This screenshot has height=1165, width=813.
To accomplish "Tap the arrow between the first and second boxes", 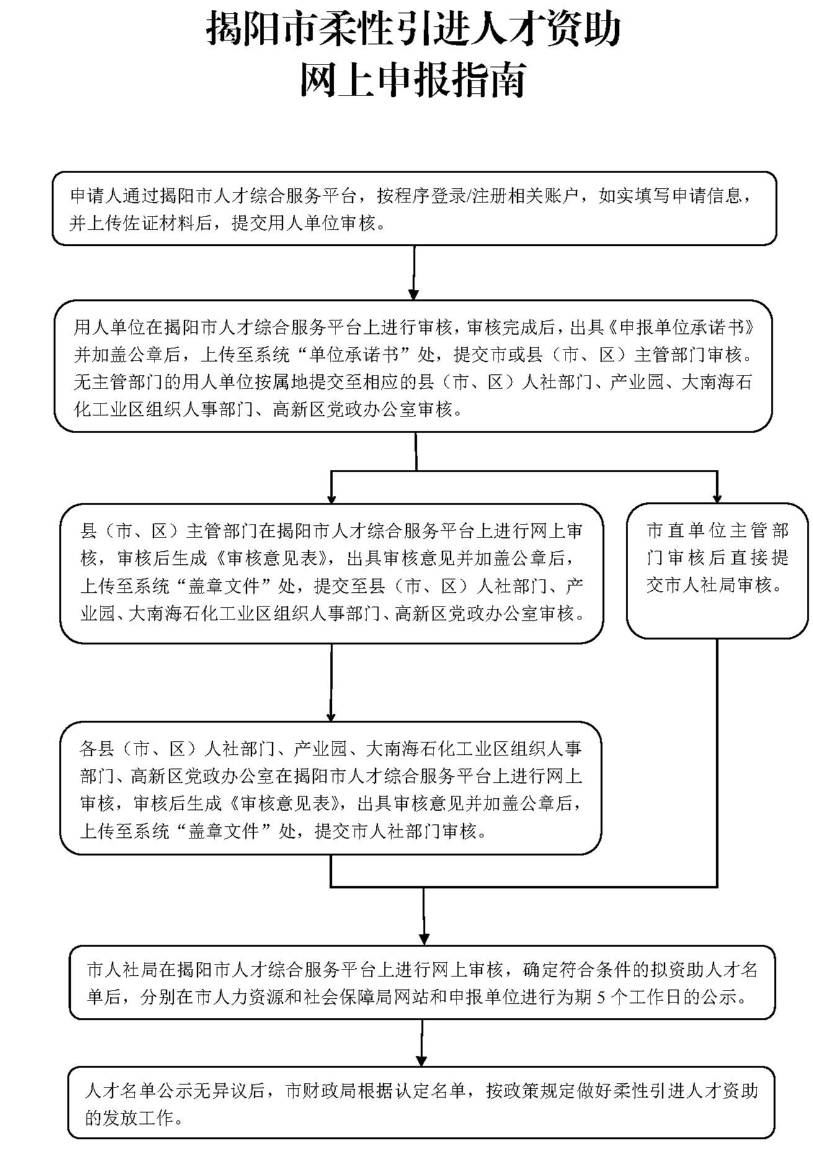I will [414, 273].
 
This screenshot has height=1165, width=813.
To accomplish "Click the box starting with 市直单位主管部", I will [717, 570].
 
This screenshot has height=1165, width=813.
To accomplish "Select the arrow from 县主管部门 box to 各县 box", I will [331, 683].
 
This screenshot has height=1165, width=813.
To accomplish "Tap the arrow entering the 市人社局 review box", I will [424, 919].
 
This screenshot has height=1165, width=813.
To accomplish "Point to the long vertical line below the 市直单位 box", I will [717, 763].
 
